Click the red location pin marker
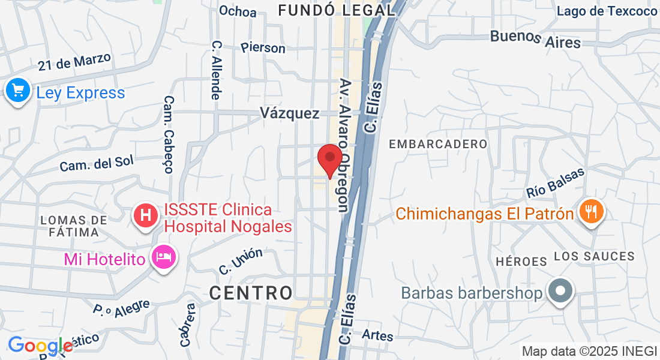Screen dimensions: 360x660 329,158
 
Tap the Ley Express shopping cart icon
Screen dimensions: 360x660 18,91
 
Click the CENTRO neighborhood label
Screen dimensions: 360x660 251,293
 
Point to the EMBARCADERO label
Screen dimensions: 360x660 438,144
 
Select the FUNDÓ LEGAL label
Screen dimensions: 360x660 337,10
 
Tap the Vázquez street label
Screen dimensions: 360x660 290,113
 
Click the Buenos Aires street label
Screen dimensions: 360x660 535,38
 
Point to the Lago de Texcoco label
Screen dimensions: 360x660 607,11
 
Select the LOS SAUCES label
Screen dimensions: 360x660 594,256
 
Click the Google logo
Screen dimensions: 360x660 40,346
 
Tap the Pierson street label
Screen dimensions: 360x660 263,47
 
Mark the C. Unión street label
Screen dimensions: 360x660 241,261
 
